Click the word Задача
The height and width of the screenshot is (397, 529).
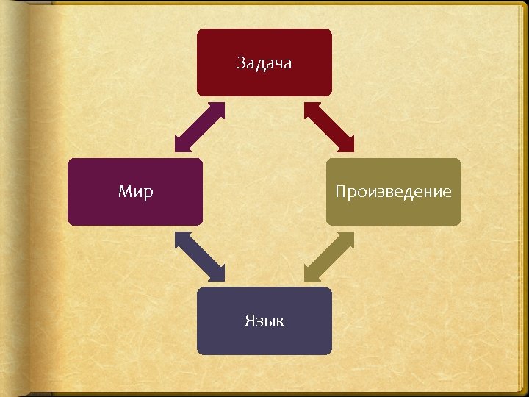(264, 63)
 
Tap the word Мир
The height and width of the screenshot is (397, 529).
(136, 193)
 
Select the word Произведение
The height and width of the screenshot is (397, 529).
(393, 193)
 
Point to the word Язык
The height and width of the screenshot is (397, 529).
(264, 321)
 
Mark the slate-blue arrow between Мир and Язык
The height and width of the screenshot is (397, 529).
(200, 257)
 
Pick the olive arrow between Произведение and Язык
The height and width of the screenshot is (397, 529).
(328, 257)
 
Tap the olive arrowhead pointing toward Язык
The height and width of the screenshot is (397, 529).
(312, 273)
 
